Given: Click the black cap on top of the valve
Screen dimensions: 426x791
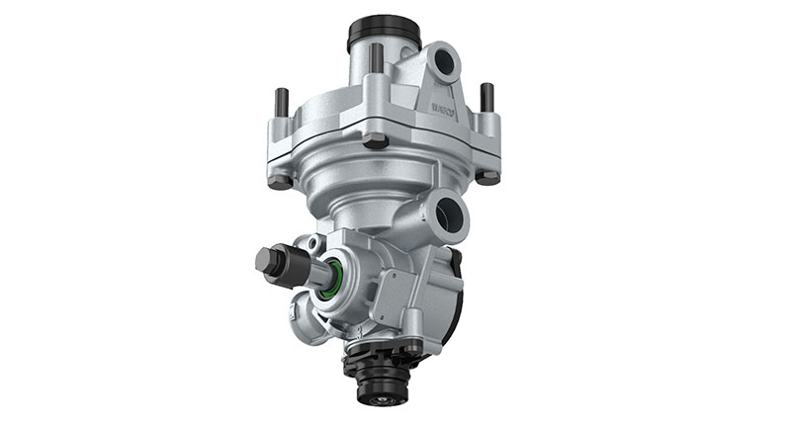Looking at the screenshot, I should point(384,32).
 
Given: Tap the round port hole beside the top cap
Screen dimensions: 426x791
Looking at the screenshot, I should point(443,62).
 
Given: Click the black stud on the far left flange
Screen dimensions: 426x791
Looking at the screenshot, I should point(282,103).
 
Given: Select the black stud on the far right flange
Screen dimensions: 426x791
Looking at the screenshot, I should point(486,97).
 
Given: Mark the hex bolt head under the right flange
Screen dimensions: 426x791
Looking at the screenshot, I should point(486,178).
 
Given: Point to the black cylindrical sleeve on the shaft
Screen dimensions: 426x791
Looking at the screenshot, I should point(292,267).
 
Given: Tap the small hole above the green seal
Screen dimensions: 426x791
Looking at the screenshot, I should point(314,243).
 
